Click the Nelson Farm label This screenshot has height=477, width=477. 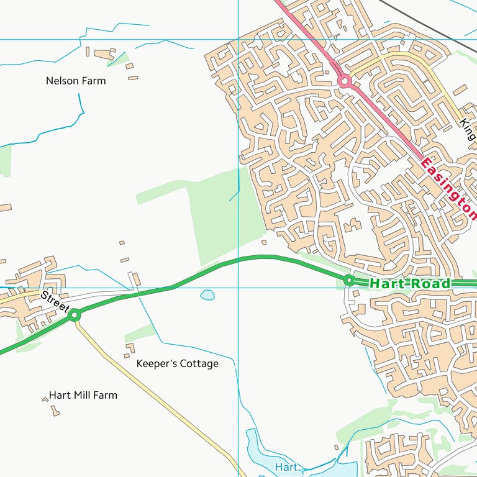76,81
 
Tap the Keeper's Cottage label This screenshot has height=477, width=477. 177,363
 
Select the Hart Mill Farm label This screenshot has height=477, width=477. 83,395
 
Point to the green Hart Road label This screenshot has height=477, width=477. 409,284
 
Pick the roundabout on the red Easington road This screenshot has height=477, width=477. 343,81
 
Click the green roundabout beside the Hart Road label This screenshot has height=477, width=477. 349,281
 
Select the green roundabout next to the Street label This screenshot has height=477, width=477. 75,316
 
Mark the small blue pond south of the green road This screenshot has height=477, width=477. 207,295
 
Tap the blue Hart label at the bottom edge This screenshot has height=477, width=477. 286,466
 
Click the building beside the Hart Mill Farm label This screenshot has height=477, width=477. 55,411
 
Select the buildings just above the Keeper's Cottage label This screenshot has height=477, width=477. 129,348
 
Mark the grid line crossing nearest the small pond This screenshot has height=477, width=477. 238,288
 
